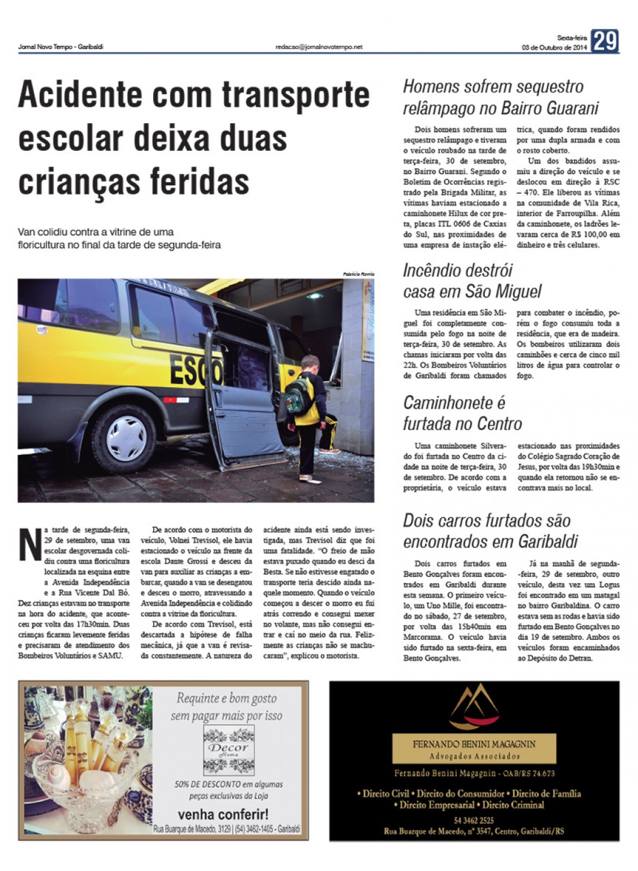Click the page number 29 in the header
[x=604, y=41]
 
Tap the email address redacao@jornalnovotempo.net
[x=319, y=47]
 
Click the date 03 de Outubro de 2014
[x=554, y=48]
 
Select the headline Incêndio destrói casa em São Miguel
[x=472, y=281]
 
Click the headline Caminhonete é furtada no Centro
[x=462, y=413]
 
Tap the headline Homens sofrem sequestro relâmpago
[x=501, y=97]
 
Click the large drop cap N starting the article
[x=30, y=544]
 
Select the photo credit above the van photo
[x=358, y=274]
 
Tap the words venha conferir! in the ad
[x=223, y=814]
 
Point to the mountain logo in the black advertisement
[x=474, y=706]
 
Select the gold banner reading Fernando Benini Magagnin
[x=474, y=749]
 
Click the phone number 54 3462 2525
[x=474, y=820]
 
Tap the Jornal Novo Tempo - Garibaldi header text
[x=60, y=47]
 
